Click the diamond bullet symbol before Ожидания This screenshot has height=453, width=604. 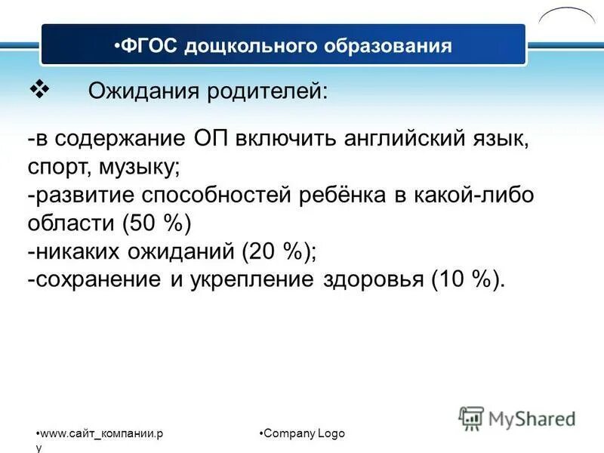coord(38,90)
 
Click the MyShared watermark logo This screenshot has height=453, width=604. coord(517,418)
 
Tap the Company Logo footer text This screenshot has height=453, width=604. coord(303,433)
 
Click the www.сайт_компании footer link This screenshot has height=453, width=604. coord(102,433)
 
